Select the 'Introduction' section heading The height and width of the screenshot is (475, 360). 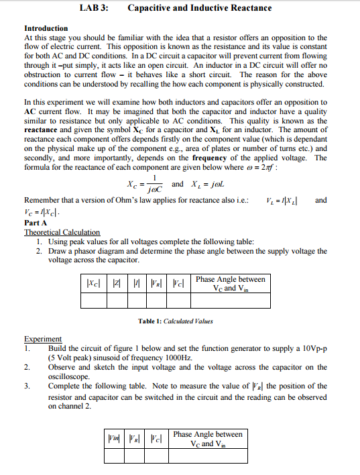pos(46,28)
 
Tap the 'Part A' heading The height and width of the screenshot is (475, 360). pos(36,222)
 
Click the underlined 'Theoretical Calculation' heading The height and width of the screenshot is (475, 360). pos(62,232)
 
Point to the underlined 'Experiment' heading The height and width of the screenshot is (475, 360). pos(43,339)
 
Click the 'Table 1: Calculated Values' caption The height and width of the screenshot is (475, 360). pos(175,321)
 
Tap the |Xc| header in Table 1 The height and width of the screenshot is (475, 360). pos(93,284)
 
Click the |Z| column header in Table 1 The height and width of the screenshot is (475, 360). pos(116,284)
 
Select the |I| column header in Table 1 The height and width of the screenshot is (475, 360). pos(135,284)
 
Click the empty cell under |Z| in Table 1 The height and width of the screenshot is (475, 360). pos(116,301)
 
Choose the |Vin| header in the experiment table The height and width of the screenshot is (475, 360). pos(114,439)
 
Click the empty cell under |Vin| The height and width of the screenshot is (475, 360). pos(114,456)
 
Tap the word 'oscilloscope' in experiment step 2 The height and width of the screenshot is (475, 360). pos(68,377)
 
